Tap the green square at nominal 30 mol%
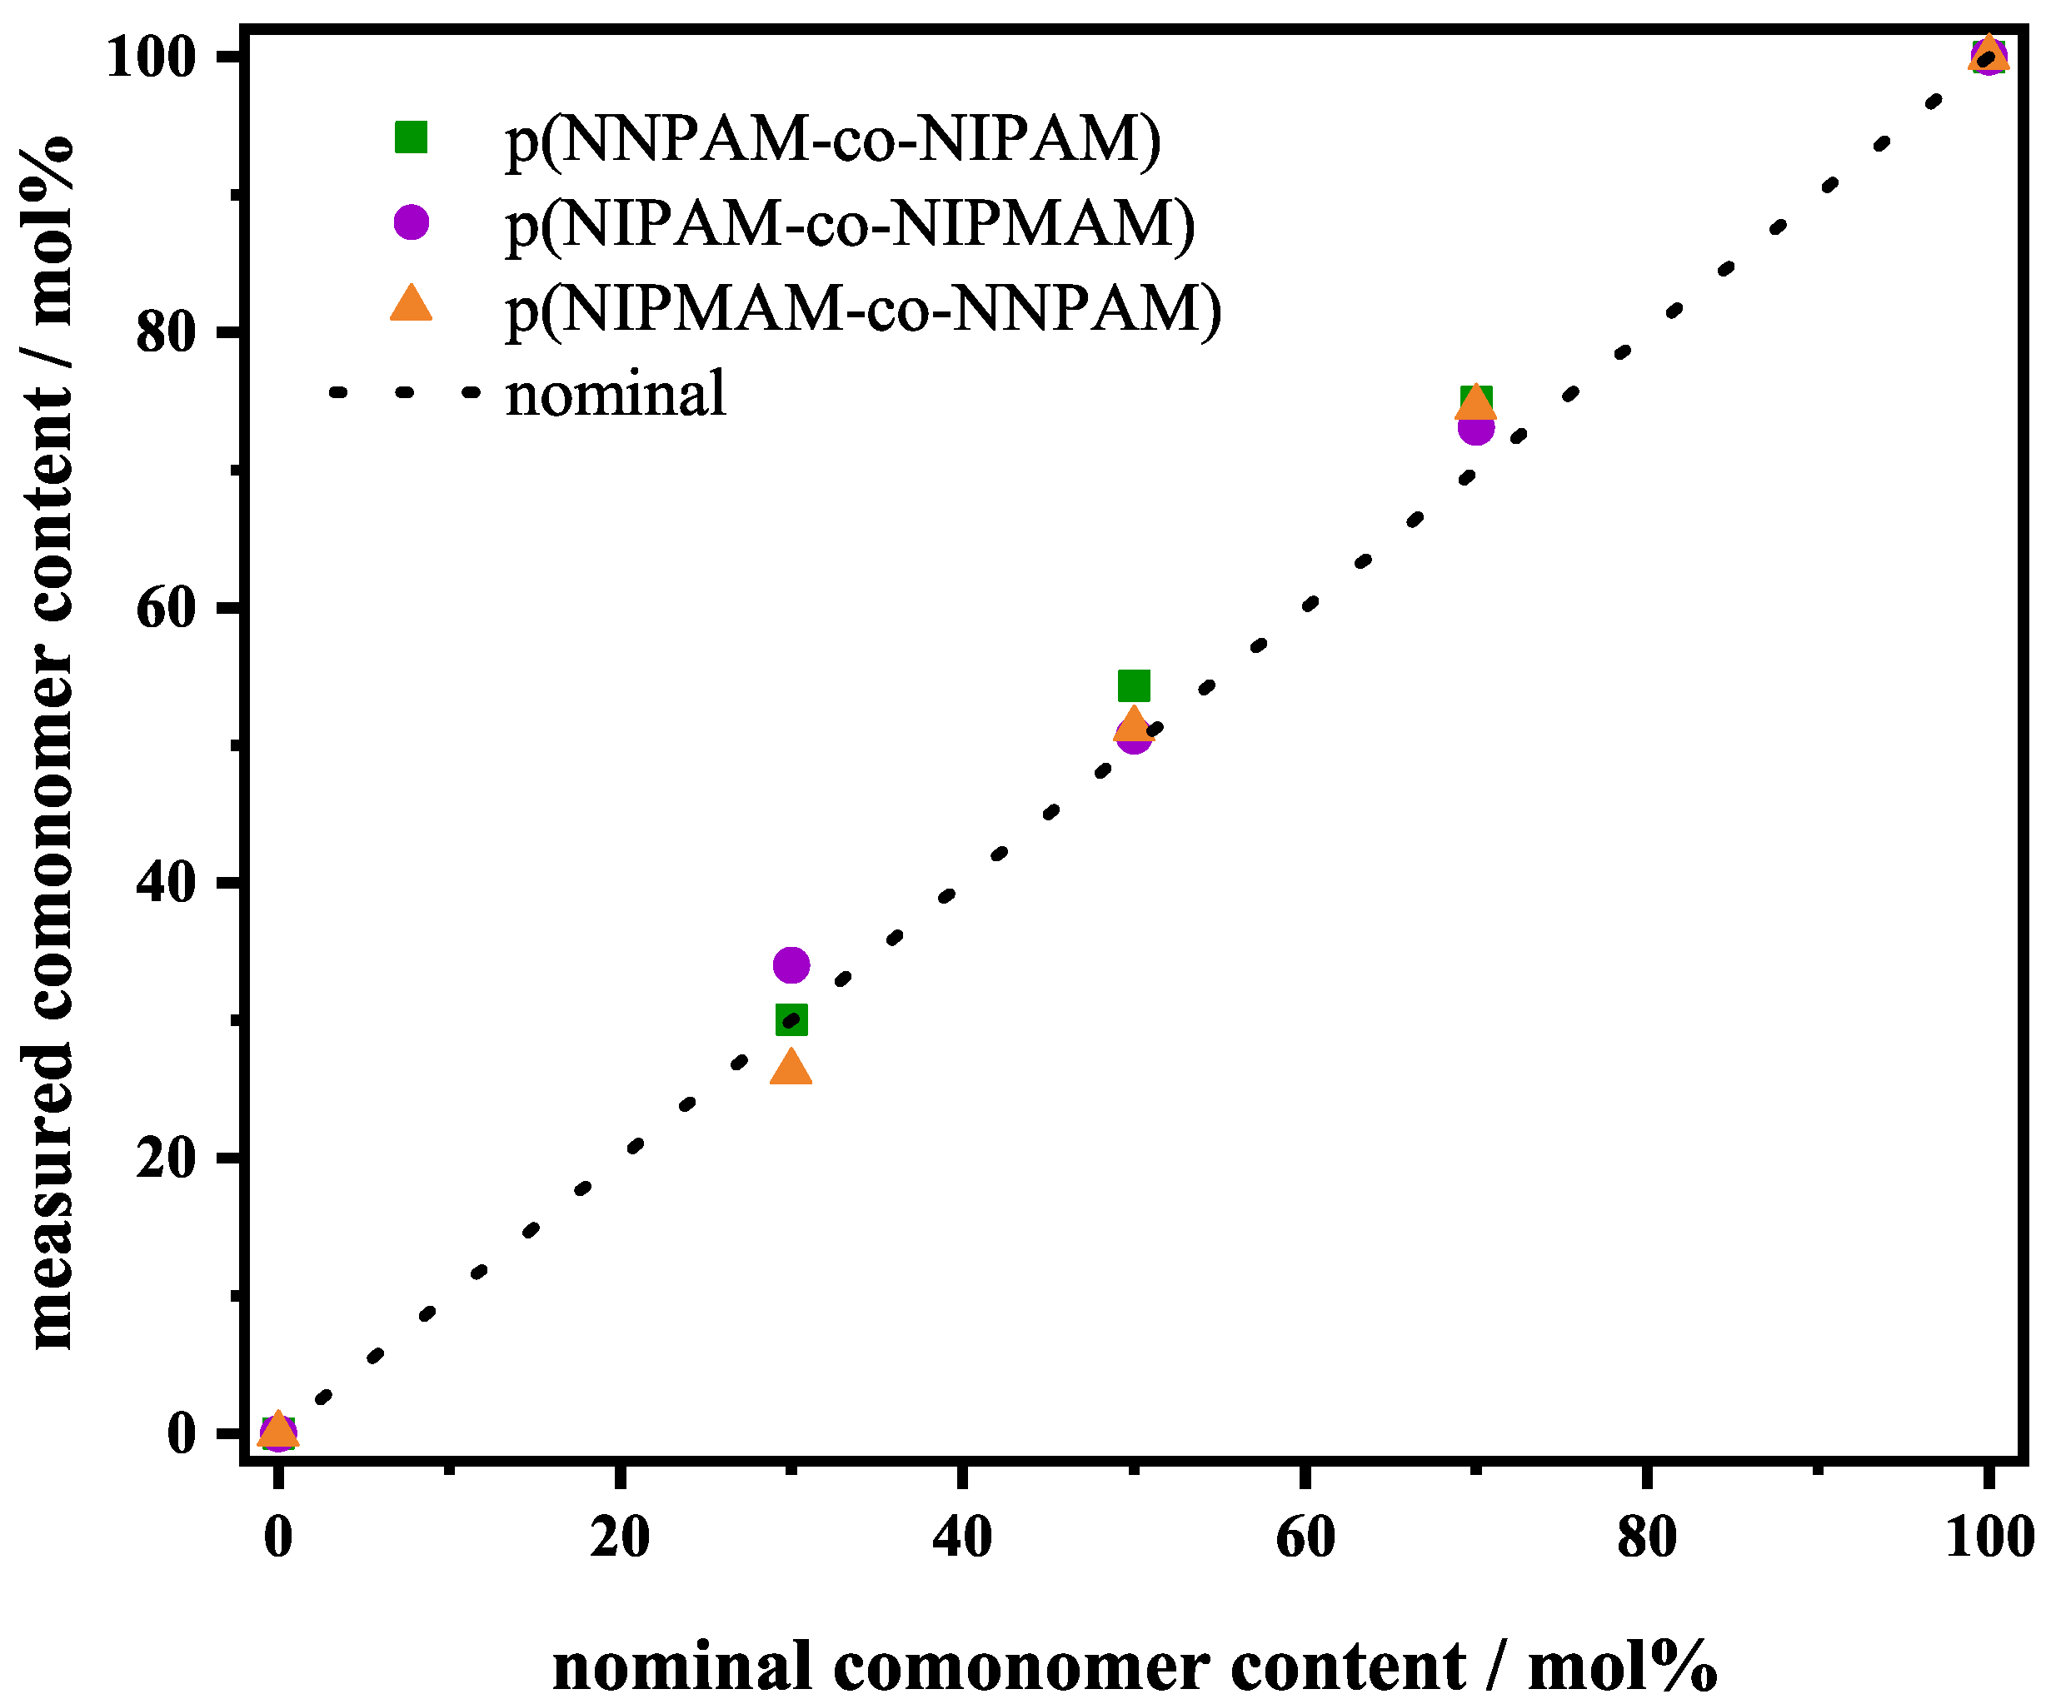point(790,1020)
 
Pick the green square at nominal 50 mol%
point(1133,685)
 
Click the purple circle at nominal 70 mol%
point(1476,426)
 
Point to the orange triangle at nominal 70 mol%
point(1476,402)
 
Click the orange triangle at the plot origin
point(277,1430)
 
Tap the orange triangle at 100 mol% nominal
point(1988,56)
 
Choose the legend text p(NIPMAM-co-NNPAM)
point(863,310)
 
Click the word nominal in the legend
point(616,395)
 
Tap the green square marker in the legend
point(412,137)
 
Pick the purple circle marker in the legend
point(412,222)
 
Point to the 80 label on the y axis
point(167,332)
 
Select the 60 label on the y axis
point(167,608)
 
